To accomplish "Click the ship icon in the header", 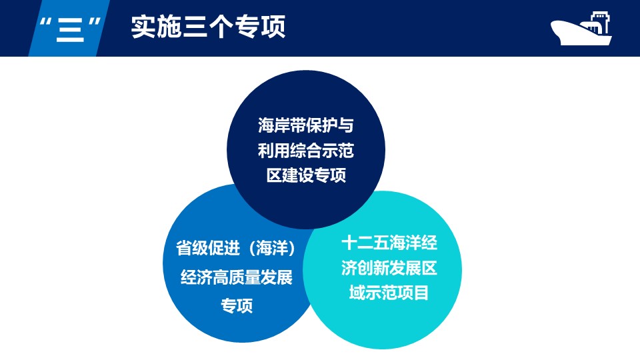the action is point(581,28).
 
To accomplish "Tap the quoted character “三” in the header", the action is point(70,29).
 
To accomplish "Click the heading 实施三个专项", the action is point(208,27).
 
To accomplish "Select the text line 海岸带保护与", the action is point(306,125).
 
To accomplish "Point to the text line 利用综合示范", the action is point(306,151).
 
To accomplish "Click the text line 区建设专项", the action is point(306,175).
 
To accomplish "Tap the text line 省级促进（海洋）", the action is point(236,248).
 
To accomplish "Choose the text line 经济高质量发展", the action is point(236,277).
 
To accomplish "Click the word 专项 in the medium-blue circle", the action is point(237,306).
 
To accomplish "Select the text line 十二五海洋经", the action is point(389,243).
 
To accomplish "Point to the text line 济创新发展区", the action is point(389,268).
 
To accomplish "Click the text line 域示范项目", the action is point(389,293).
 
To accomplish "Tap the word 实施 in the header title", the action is point(156,27).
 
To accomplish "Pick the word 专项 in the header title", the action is point(260,27).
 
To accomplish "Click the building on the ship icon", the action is point(597,23).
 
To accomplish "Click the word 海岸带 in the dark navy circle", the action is point(281,125).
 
